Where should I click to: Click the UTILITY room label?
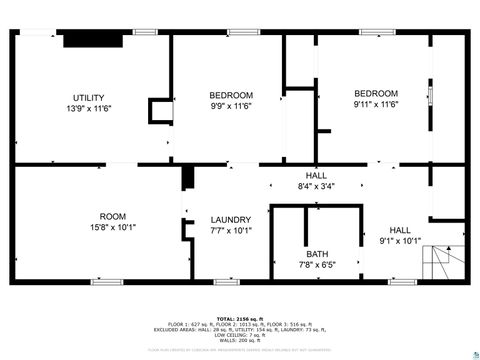pyautogui.click(x=88, y=97)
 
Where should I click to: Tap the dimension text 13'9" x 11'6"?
pyautogui.click(x=88, y=108)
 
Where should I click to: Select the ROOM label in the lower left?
pyautogui.click(x=112, y=216)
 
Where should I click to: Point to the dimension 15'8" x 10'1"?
pyautogui.click(x=112, y=227)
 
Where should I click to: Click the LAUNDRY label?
pyautogui.click(x=230, y=220)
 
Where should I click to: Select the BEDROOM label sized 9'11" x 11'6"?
pyautogui.click(x=376, y=93)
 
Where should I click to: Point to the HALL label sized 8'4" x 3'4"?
pyautogui.click(x=316, y=175)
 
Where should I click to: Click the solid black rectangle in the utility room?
pyautogui.click(x=92, y=40)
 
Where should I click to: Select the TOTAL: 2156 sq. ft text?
pyautogui.click(x=240, y=318)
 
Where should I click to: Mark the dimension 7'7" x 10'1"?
pyautogui.click(x=230, y=231)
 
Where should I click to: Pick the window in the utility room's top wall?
pyautogui.click(x=145, y=32)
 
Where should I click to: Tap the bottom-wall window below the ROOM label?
pyautogui.click(x=105, y=281)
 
